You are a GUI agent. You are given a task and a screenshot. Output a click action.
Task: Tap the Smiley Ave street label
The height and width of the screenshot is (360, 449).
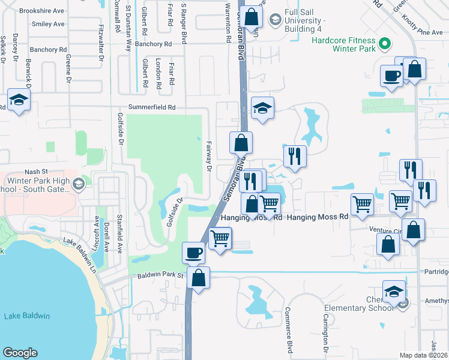pos(49,24)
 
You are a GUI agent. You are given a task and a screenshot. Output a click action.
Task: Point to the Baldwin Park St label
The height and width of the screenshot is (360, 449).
pos(160,275)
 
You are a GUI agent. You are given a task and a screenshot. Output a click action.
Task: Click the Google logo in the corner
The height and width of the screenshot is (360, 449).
pos(20,353)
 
